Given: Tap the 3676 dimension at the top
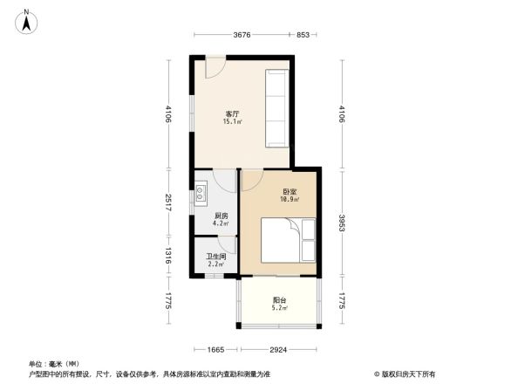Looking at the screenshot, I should (242, 35).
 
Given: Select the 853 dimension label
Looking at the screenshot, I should (303, 35).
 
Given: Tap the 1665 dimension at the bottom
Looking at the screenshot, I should (215, 349).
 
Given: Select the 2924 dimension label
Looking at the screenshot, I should (278, 349).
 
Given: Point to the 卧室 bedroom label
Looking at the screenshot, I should (290, 192).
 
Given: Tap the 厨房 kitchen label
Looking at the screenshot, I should (221, 216).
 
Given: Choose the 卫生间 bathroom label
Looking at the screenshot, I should (215, 257).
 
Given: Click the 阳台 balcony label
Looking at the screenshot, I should (279, 300).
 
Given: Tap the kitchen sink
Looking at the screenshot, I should (201, 191).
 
